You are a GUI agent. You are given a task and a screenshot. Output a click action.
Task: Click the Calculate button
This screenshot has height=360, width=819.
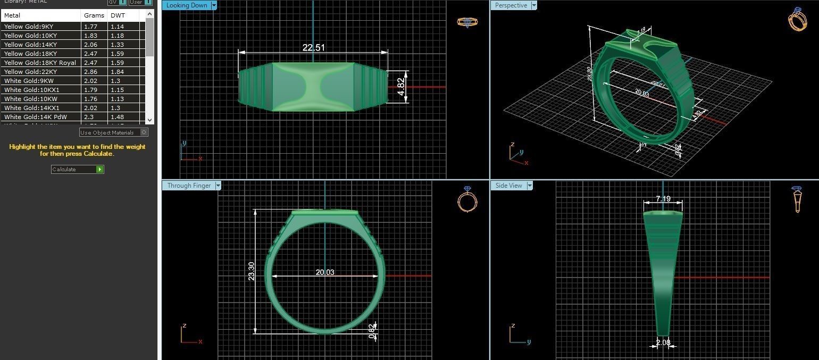tap(77, 169)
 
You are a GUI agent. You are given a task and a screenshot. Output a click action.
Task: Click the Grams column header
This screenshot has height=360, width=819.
tap(94, 15)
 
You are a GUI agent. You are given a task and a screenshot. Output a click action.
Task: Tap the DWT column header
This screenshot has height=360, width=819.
tap(118, 15)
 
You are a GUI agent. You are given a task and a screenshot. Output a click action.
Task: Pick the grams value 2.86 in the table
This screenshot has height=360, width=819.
tap(90, 72)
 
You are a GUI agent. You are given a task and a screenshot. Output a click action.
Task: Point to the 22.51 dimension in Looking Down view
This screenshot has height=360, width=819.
tap(313, 47)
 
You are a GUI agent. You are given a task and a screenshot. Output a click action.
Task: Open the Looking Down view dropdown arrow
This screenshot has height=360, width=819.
tap(214, 5)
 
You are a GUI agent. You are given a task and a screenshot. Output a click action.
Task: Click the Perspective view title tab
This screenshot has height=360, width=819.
tap(511, 5)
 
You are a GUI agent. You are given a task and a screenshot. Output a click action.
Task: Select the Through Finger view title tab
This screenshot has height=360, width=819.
tap(189, 186)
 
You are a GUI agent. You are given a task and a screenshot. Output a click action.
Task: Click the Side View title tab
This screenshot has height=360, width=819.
tap(508, 186)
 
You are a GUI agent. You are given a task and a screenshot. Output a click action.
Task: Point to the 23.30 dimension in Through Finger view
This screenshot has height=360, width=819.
tap(252, 271)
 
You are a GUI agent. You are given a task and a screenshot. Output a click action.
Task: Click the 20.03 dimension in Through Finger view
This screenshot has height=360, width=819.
tap(325, 272)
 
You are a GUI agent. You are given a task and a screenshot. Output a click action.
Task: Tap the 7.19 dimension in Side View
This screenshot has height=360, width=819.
tap(663, 199)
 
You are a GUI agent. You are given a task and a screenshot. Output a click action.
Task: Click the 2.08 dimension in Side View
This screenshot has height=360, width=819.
tap(663, 343)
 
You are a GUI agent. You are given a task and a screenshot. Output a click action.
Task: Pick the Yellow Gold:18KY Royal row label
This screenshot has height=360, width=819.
tap(40, 63)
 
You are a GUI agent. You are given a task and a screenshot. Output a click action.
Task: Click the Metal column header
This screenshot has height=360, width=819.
tap(12, 15)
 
